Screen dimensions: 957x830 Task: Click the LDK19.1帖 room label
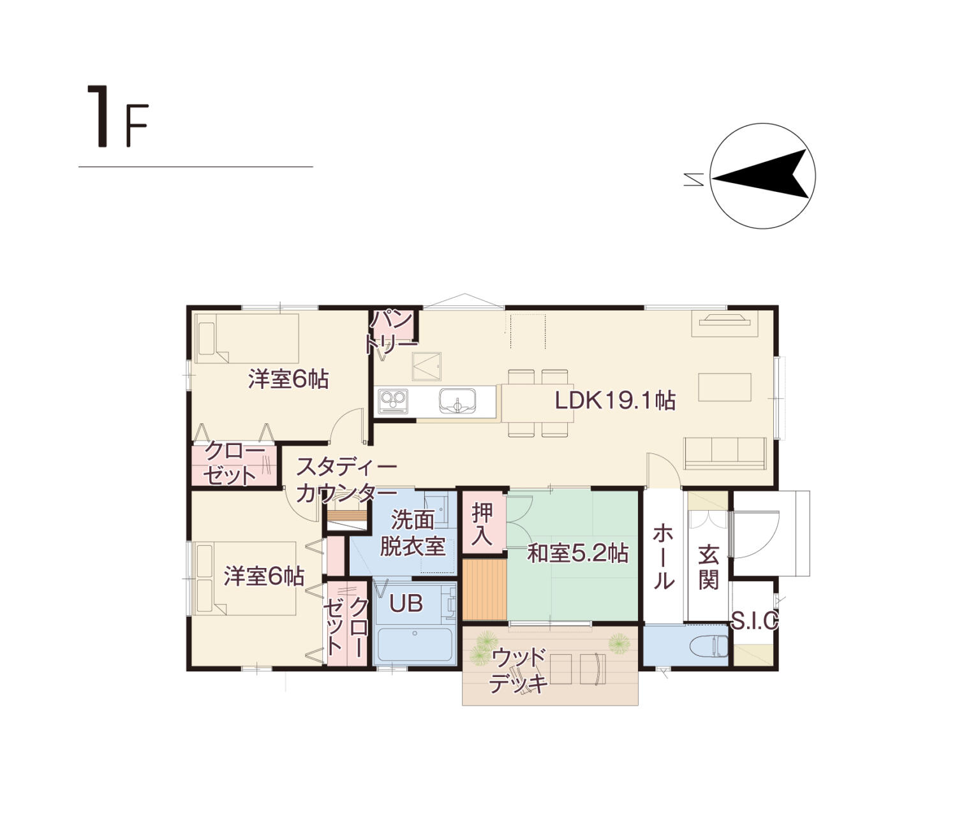(x=614, y=400)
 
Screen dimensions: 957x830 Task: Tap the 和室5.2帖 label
(x=577, y=553)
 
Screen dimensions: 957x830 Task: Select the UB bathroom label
(x=406, y=603)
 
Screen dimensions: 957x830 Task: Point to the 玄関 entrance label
(x=709, y=567)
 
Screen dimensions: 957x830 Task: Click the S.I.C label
(x=755, y=620)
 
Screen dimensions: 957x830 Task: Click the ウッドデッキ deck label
(x=518, y=671)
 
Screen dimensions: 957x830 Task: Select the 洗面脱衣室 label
(x=412, y=532)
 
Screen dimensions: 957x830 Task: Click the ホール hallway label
(x=664, y=557)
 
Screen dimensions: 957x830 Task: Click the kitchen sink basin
(x=457, y=401)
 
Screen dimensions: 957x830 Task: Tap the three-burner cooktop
(x=393, y=401)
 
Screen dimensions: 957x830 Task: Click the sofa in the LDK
(x=725, y=453)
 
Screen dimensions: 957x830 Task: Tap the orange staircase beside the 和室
(x=485, y=590)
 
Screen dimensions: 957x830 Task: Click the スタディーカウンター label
(x=346, y=480)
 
